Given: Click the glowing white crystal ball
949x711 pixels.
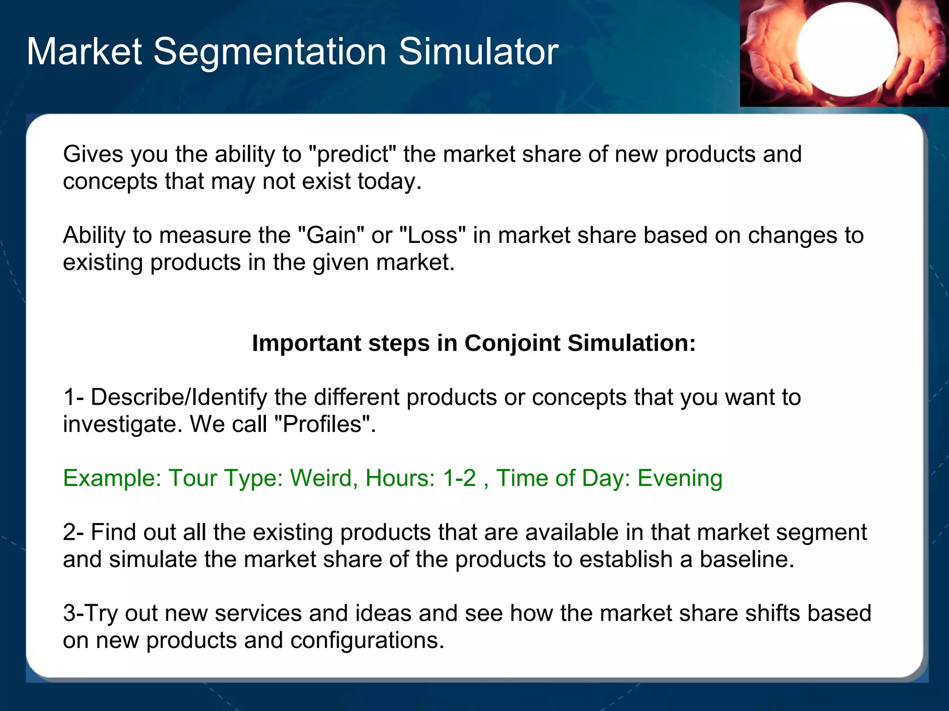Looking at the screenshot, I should pyautogui.click(x=847, y=49).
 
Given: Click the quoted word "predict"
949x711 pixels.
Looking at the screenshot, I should pyautogui.click(x=352, y=154).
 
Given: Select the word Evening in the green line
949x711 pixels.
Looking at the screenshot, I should pyautogui.click(x=680, y=478).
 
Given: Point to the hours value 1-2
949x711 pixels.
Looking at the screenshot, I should pyautogui.click(x=459, y=478).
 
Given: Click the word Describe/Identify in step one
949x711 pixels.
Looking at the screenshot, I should pyautogui.click(x=179, y=397).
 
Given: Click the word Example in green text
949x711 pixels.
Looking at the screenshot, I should pyautogui.click(x=111, y=478).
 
